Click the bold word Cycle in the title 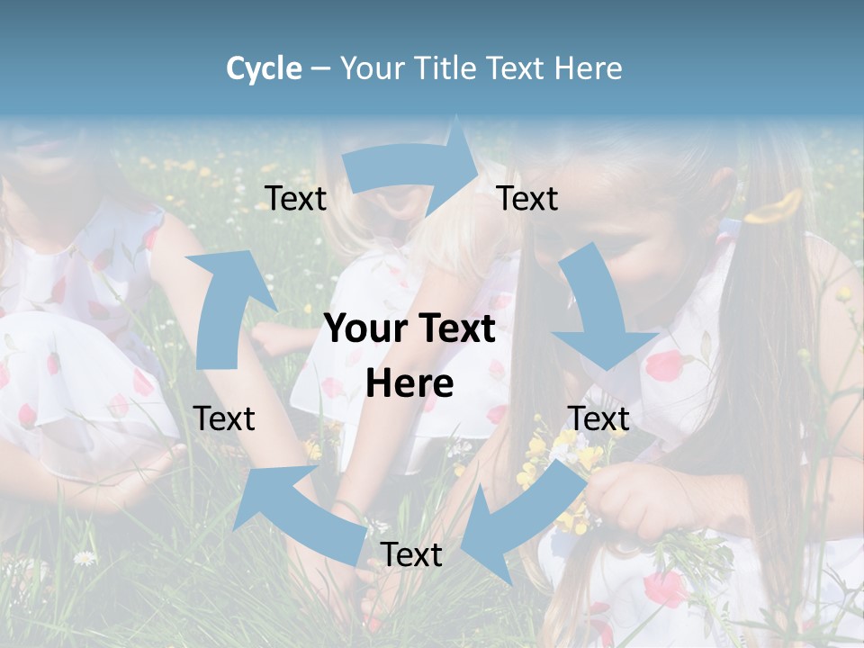(x=264, y=68)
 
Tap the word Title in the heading (x=445, y=68)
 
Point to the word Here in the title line (x=586, y=68)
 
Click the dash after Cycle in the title (x=321, y=69)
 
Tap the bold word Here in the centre (x=409, y=384)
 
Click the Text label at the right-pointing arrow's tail (x=296, y=199)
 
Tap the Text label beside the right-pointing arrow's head (x=527, y=199)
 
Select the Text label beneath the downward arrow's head (x=598, y=418)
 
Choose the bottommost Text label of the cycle (x=411, y=555)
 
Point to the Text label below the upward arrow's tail (x=224, y=418)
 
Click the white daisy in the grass (x=85, y=558)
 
